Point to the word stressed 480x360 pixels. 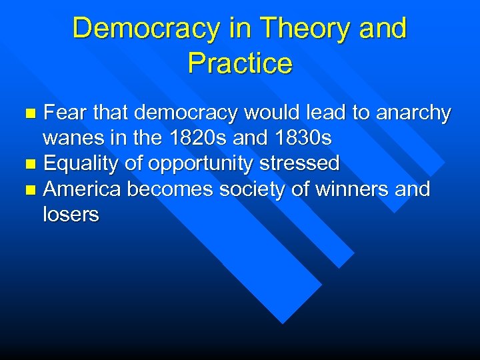point(305,163)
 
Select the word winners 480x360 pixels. point(353,189)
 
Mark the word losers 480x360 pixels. point(71,215)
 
